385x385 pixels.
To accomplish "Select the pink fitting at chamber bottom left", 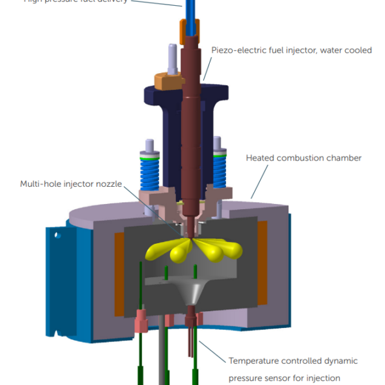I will tap(141, 317).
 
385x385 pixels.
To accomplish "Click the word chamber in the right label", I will tap(343, 158).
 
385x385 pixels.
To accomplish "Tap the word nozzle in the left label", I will tap(107, 185).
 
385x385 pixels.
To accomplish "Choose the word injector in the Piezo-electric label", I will tap(298, 50).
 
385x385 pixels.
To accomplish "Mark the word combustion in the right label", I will tap(301, 158).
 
